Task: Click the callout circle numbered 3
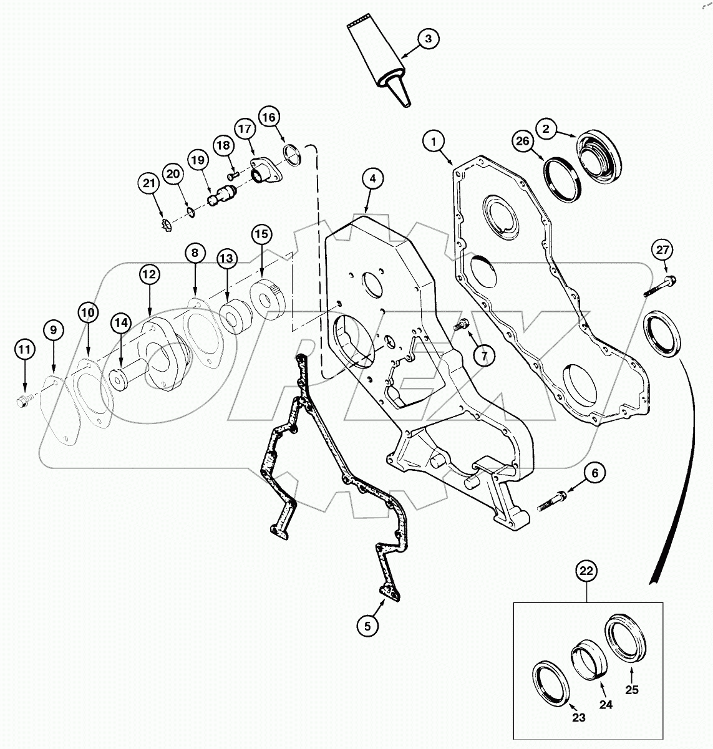click(x=428, y=39)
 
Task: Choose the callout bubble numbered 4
click(x=372, y=179)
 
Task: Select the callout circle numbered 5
click(x=367, y=625)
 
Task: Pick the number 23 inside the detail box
click(x=579, y=717)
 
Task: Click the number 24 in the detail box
click(x=606, y=705)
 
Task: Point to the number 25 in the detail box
click(x=632, y=690)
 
